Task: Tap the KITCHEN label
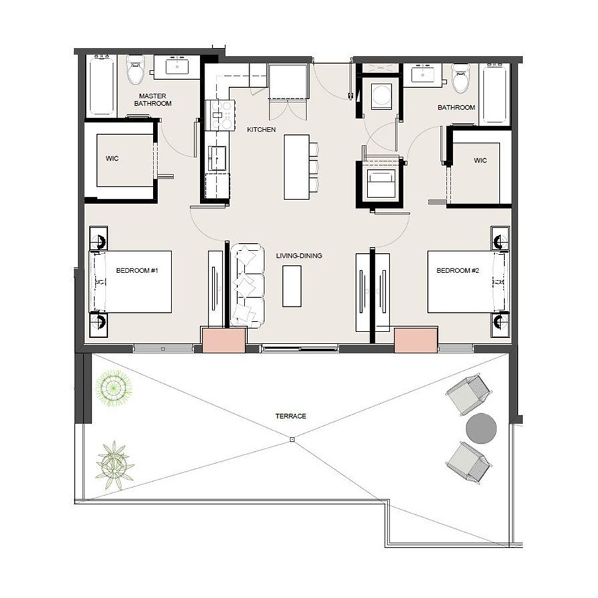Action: [261, 130]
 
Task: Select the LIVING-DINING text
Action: [299, 255]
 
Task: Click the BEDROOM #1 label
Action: [136, 270]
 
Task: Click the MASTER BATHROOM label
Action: [153, 100]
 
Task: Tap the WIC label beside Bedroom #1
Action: [111, 159]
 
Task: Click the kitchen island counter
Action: [296, 166]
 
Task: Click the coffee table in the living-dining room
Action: [292, 286]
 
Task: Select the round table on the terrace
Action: [480, 428]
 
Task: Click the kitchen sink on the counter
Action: [217, 157]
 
